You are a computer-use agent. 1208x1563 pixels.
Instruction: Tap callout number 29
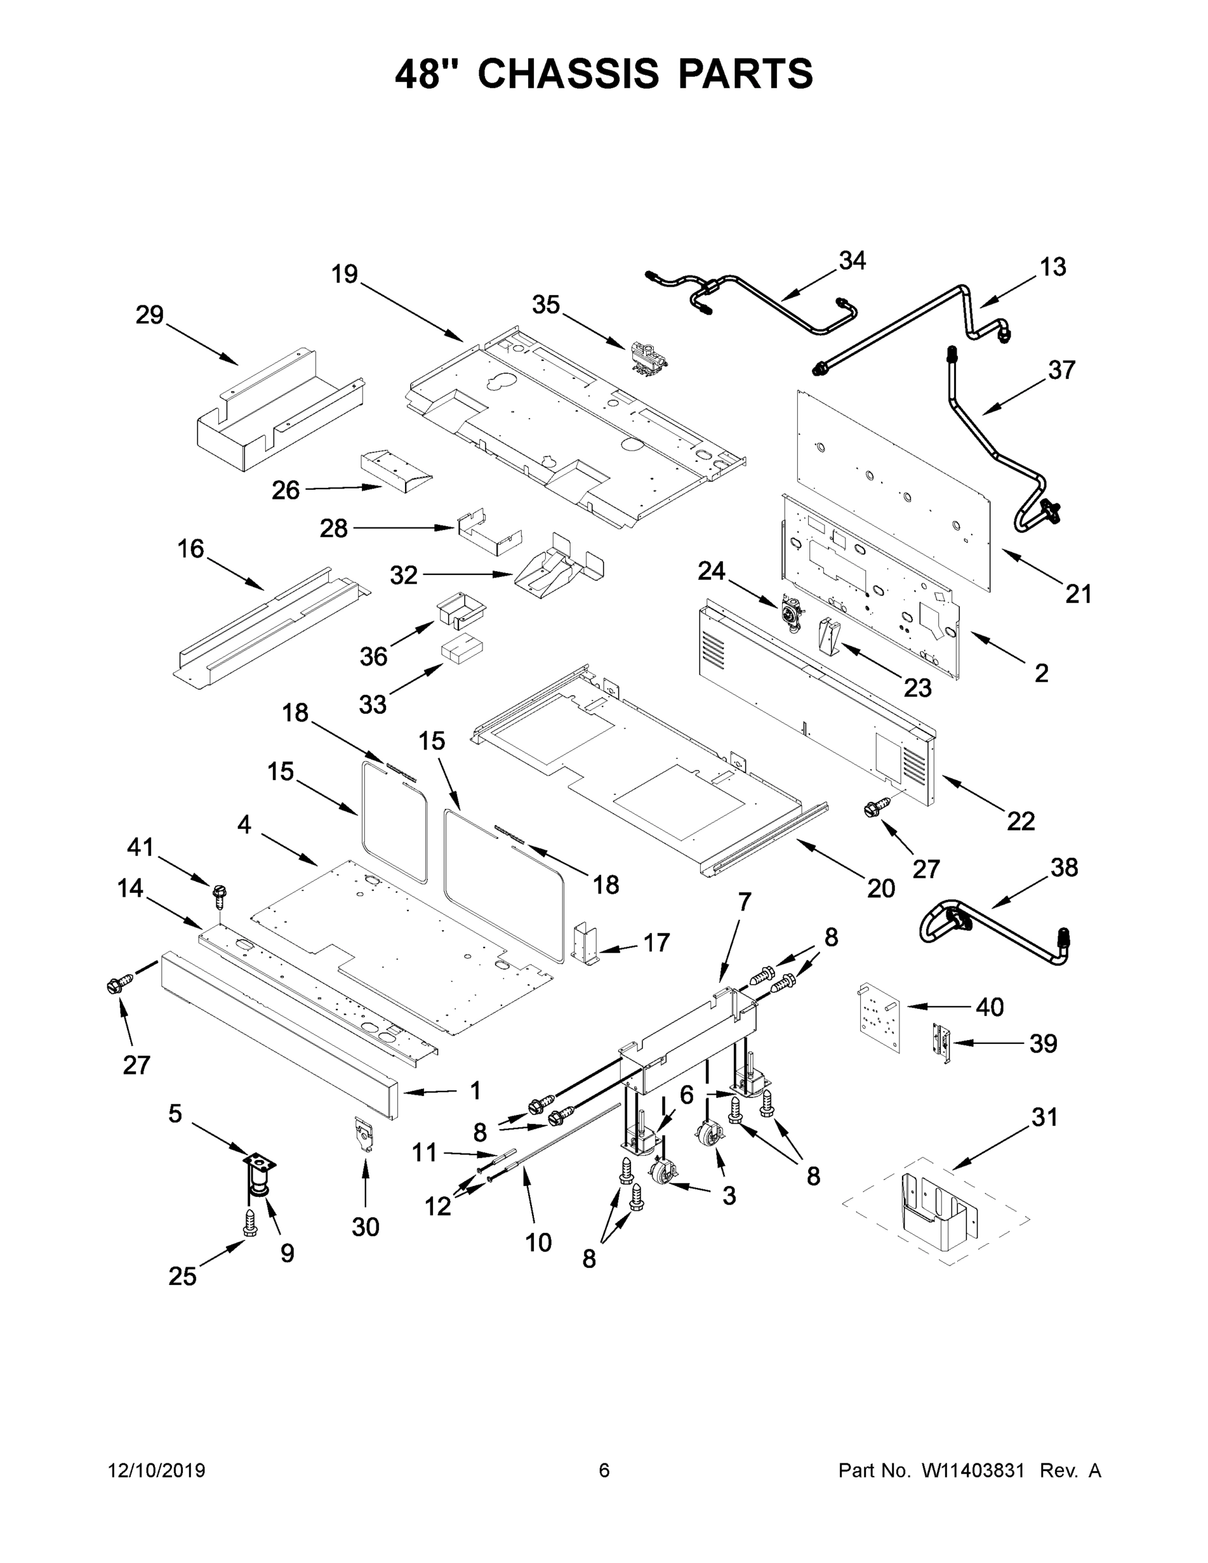coord(150,315)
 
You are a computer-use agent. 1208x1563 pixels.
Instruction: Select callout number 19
coord(344,274)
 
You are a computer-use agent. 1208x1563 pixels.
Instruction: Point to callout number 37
coord(1061,371)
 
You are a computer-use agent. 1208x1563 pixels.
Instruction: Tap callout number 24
coord(711,571)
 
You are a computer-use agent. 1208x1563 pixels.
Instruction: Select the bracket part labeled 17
coord(585,943)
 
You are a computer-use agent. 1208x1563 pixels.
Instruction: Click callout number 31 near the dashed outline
coord(1044,1117)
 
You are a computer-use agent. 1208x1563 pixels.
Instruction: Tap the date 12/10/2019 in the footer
coord(157,1470)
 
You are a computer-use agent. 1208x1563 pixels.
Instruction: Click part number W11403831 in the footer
coord(972,1470)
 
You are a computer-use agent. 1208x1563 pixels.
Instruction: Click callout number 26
coord(285,490)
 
